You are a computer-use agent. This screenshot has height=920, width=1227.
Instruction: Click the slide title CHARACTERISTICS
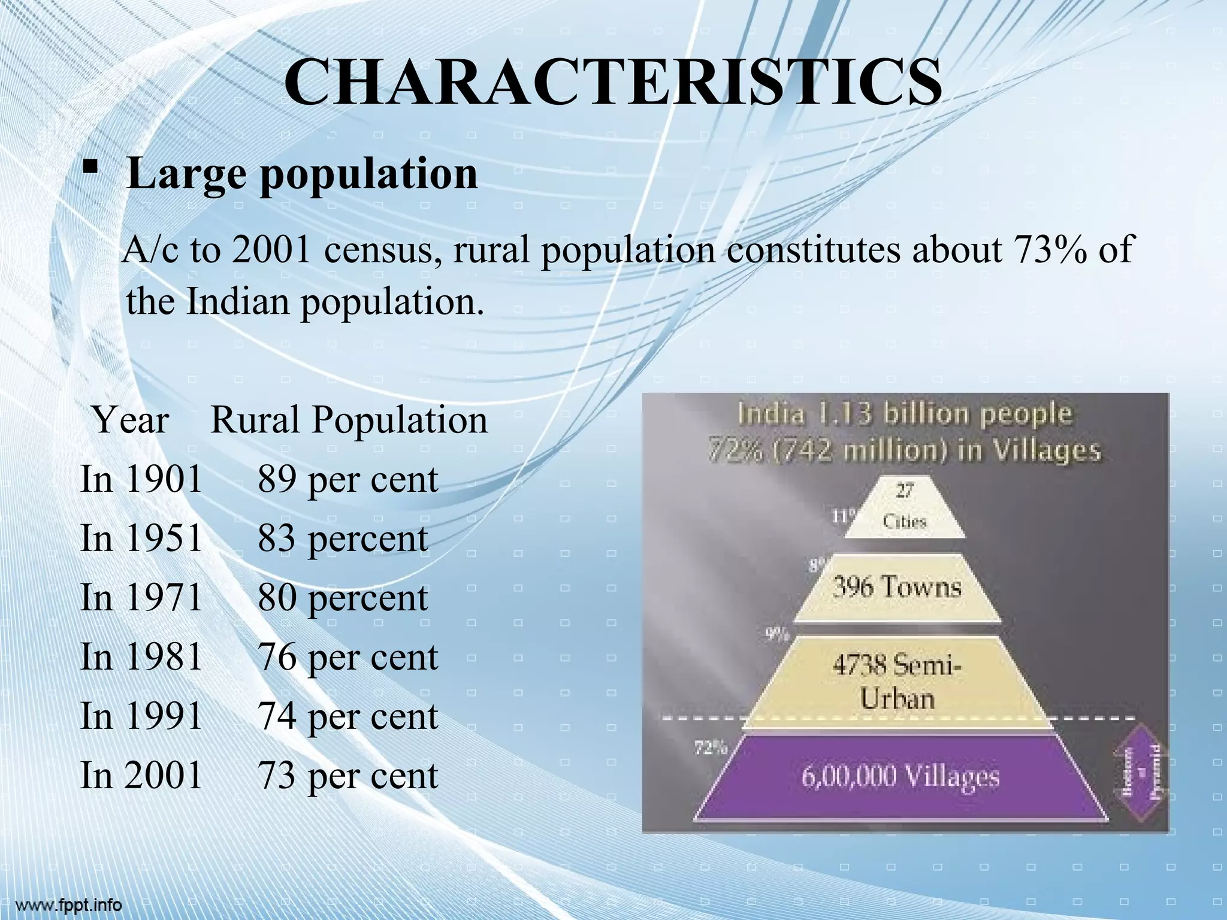613,82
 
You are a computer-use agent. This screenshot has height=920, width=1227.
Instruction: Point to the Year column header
131,420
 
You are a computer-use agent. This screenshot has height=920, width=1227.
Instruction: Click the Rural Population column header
349,420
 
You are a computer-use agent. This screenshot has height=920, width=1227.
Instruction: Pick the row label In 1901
141,480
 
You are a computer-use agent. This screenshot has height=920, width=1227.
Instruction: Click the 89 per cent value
348,480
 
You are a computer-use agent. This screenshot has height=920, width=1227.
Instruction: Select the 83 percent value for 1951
343,538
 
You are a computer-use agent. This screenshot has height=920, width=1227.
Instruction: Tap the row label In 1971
141,598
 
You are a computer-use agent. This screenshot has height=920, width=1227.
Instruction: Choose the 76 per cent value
348,657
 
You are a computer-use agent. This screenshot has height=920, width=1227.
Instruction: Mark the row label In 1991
141,716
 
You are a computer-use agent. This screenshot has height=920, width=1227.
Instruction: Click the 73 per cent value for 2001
348,775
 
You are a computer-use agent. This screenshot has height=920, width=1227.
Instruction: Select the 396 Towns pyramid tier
897,588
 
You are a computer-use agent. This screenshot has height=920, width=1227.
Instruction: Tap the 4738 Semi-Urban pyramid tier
897,683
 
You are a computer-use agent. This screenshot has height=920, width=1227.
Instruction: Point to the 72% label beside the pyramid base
711,747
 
